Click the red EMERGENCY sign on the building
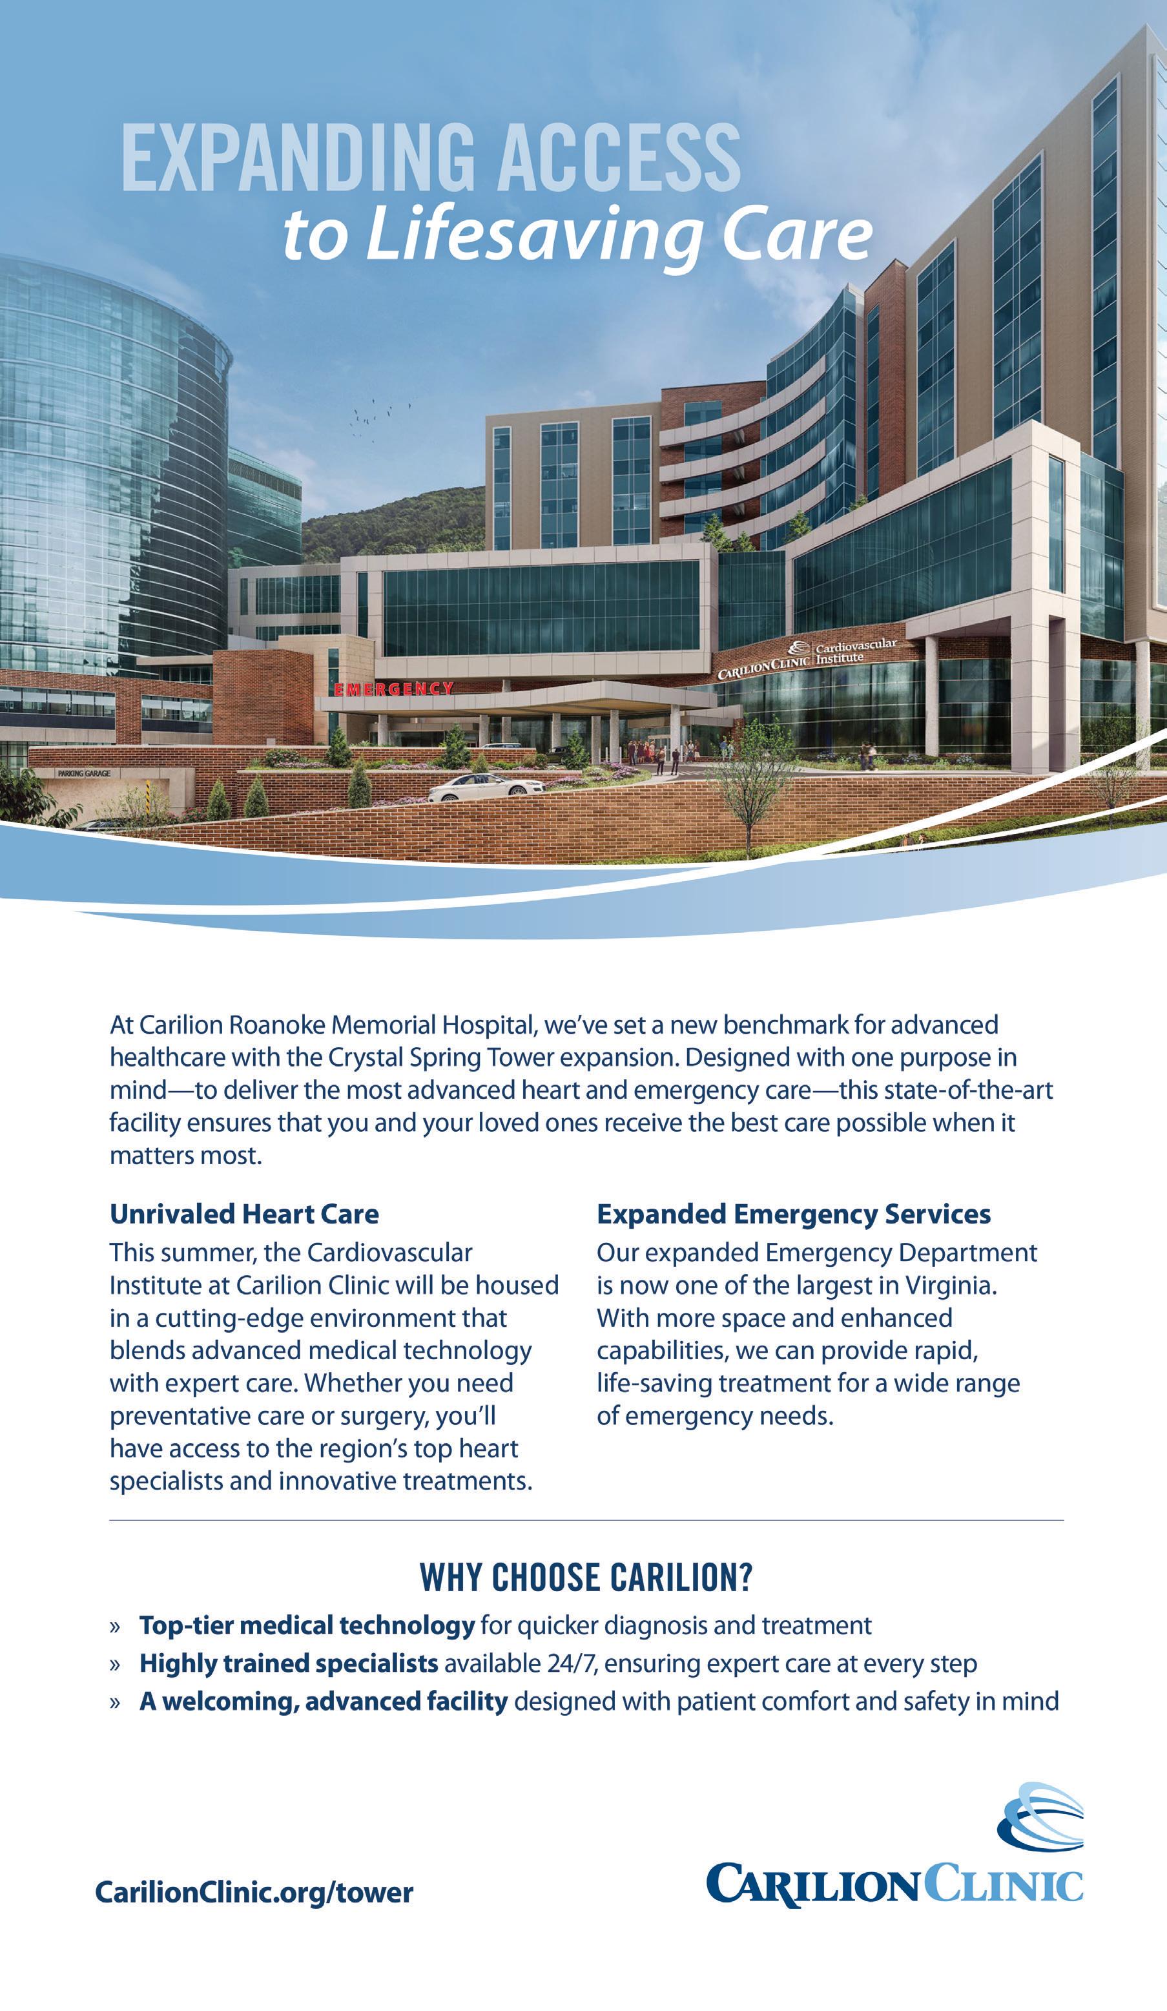click(x=393, y=689)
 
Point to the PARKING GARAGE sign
click(x=84, y=773)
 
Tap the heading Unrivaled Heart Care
click(x=244, y=1214)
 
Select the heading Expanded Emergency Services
click(x=794, y=1214)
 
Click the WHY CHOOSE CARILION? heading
click(x=586, y=1578)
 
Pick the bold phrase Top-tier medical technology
click(x=307, y=1625)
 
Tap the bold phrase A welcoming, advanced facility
click(x=323, y=1702)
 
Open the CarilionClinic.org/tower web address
click(x=254, y=1892)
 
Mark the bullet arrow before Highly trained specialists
click(x=116, y=1665)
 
